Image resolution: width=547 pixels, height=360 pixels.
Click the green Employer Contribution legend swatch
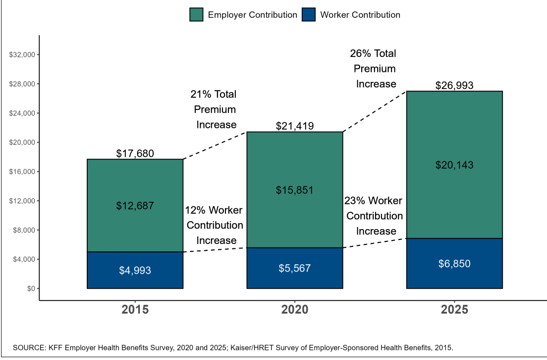(196, 15)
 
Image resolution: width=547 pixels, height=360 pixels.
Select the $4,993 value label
(135, 271)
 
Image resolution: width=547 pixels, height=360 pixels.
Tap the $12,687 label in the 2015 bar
(135, 206)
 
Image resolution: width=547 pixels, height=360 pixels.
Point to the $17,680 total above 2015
(135, 154)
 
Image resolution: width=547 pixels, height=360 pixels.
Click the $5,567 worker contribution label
(295, 269)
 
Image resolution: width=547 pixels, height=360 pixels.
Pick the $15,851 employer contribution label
(295, 190)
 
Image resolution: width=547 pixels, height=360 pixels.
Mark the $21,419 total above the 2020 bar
(295, 126)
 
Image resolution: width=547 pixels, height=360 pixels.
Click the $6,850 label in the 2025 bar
(454, 264)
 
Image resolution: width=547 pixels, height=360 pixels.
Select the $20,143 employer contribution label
(454, 165)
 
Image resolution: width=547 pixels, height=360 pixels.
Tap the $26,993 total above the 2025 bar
(454, 85)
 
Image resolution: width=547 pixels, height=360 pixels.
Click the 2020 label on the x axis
(295, 310)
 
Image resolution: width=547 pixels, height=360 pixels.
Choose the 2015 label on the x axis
(135, 310)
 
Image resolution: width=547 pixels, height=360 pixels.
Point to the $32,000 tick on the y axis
(21, 55)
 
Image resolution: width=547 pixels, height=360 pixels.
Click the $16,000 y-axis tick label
(21, 172)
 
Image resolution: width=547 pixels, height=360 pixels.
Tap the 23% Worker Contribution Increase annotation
(374, 216)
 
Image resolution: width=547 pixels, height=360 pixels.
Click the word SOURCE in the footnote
(28, 348)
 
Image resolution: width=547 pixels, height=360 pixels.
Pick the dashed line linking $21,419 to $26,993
(375, 111)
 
